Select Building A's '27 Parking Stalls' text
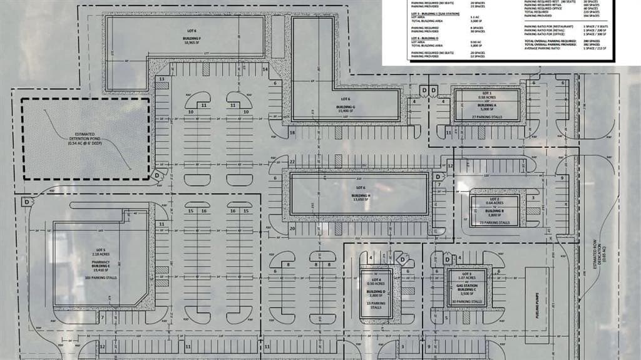(x=486, y=117)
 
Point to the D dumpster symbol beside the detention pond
(x=156, y=176)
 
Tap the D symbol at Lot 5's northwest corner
(x=27, y=202)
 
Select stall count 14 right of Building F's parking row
(x=265, y=69)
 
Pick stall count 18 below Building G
(x=292, y=133)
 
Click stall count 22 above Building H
(x=292, y=162)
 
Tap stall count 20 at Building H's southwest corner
(x=292, y=229)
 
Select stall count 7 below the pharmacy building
(x=101, y=318)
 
